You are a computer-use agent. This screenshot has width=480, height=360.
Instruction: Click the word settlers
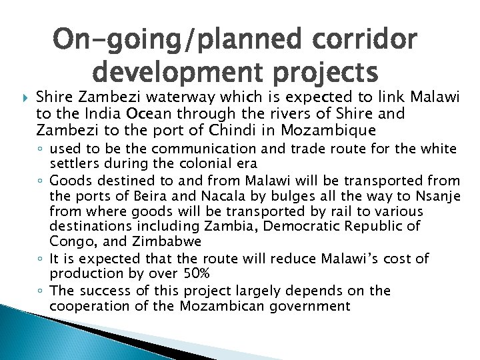point(73,162)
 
